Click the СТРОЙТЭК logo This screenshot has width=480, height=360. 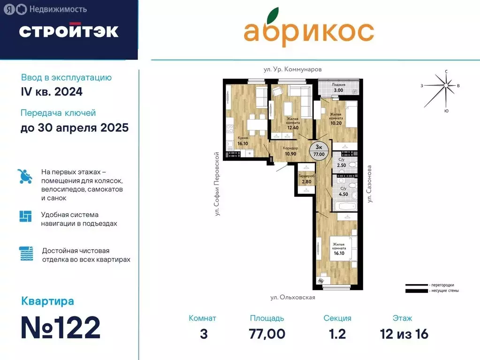click(x=69, y=31)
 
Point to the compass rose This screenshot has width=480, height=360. click(x=445, y=87)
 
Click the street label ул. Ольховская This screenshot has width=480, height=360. click(x=292, y=297)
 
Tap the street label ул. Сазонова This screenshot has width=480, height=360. click(x=370, y=184)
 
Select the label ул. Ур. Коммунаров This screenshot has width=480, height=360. click(x=292, y=69)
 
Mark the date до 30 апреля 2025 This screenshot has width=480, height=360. click(x=75, y=127)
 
